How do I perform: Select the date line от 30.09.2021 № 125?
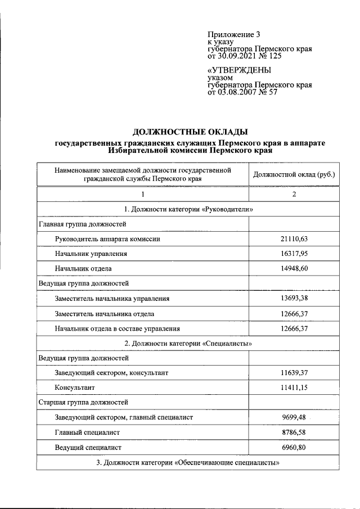pos(244,56)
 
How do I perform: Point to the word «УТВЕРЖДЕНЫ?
pos(239,70)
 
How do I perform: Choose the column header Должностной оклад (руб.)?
pos(294,174)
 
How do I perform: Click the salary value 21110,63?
pos(294,238)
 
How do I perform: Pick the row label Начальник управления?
pos(91,254)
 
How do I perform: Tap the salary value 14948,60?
pos(294,268)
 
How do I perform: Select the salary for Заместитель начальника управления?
pos(294,298)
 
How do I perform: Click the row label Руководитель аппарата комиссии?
pos(107,238)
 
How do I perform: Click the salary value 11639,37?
pos(294,372)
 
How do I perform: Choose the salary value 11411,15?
pos(294,388)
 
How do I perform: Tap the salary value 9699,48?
pos(294,417)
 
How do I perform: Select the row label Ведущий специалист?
pos(88,447)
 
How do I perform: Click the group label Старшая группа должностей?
pos(83,402)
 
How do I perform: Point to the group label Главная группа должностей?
pos(82,224)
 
